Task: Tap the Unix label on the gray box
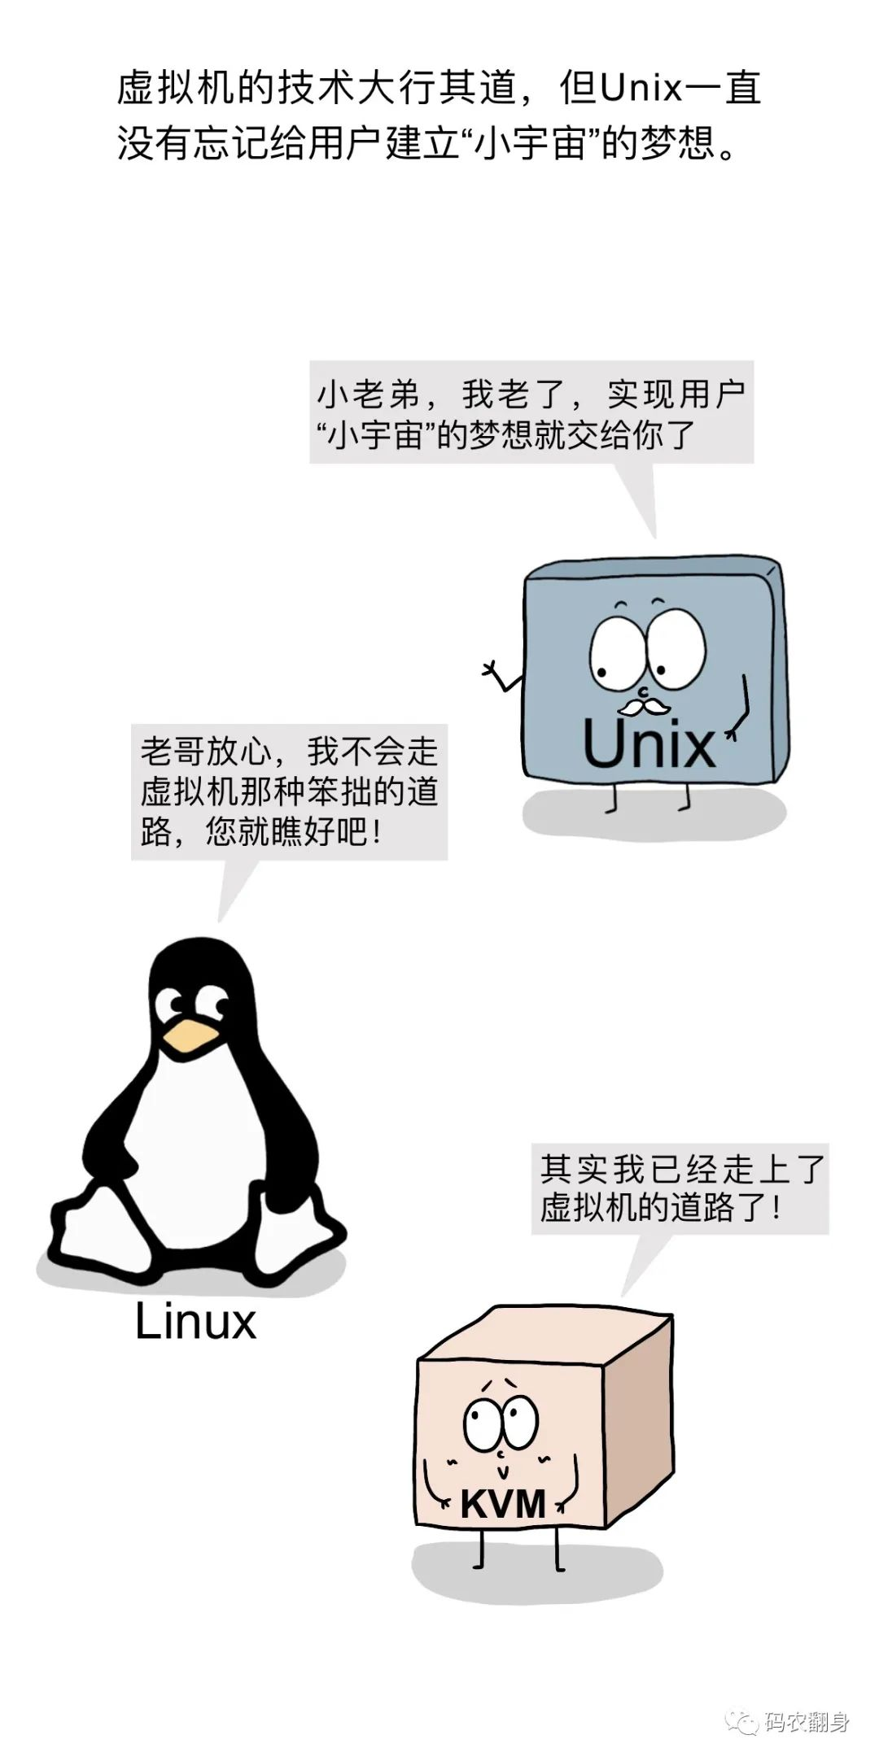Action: pos(649,744)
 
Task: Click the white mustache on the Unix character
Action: pos(643,705)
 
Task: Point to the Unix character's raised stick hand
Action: pos(493,670)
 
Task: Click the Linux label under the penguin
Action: pos(195,1321)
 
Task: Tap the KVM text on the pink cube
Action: pos(502,1504)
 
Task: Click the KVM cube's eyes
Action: pos(501,1420)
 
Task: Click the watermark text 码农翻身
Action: pos(807,1722)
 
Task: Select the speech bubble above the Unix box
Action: pos(531,413)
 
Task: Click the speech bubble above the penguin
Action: pos(289,791)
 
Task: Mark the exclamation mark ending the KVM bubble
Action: pos(777,1208)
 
